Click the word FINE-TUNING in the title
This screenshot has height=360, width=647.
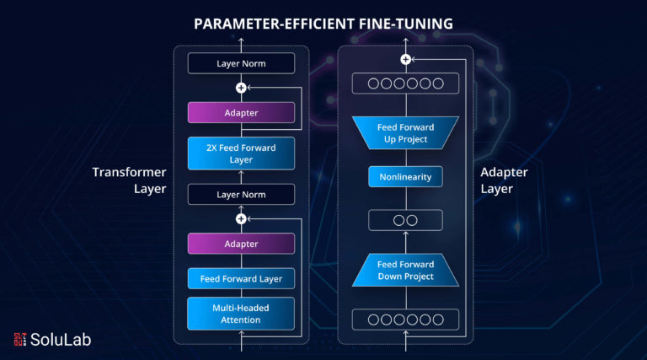click(x=405, y=24)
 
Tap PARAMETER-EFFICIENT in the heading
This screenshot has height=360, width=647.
click(x=274, y=24)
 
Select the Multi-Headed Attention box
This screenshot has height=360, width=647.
click(x=241, y=314)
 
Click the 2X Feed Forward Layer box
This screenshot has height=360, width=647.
click(x=241, y=153)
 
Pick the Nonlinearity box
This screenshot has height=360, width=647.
click(x=405, y=177)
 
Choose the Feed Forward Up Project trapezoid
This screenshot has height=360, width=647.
click(x=405, y=133)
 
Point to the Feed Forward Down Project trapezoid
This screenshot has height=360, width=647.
click(x=405, y=270)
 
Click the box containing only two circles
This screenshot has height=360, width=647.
click(x=405, y=220)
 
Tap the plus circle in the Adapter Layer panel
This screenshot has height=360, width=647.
click(x=405, y=60)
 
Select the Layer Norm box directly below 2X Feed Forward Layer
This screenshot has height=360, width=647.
click(x=241, y=195)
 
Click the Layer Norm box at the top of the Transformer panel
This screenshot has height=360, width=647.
click(x=241, y=63)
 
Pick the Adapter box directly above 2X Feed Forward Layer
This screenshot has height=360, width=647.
click(x=241, y=113)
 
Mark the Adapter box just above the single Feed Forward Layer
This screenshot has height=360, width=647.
click(x=241, y=244)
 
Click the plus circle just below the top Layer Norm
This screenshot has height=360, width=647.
click(x=241, y=88)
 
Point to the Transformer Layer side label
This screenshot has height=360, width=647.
click(x=129, y=180)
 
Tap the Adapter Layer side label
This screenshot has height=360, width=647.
click(x=504, y=180)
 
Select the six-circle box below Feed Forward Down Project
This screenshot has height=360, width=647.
click(x=405, y=320)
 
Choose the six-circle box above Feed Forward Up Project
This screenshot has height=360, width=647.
click(x=405, y=83)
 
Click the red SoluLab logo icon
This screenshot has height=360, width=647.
click(x=20, y=339)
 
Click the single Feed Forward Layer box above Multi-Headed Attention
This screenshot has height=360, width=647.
click(x=241, y=279)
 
